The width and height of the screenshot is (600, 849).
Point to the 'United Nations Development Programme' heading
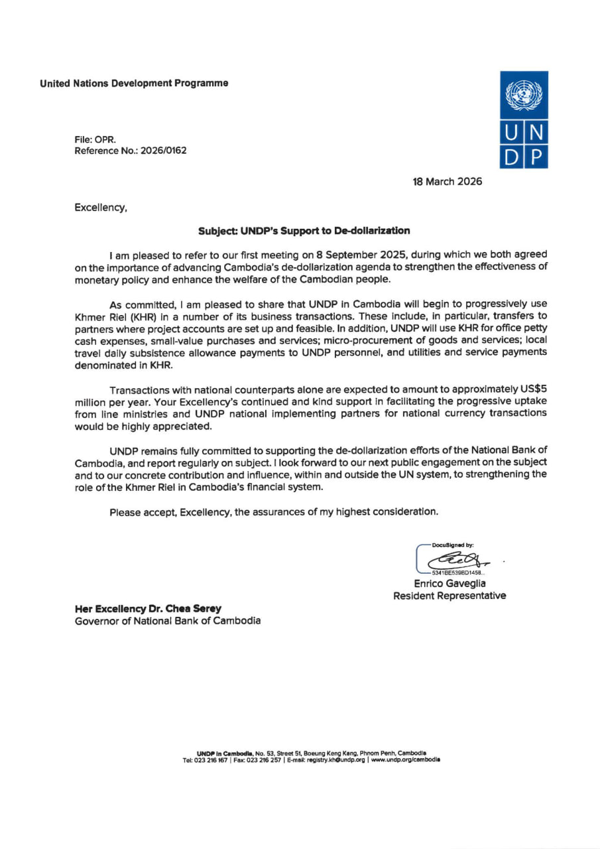click(x=134, y=83)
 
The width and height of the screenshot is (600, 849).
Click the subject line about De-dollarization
click(x=304, y=231)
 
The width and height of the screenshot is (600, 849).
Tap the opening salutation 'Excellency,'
click(x=101, y=208)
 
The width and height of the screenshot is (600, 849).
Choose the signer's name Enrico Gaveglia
click(x=450, y=583)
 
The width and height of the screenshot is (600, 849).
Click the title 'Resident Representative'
click(x=450, y=596)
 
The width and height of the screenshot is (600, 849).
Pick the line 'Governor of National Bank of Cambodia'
click(x=168, y=621)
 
